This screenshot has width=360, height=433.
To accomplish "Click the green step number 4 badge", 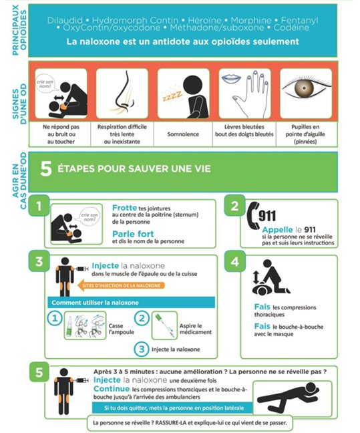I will pos(234,261).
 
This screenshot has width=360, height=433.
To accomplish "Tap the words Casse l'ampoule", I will pos(120,328).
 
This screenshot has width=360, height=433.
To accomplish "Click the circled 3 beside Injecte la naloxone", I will pos(142,348).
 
